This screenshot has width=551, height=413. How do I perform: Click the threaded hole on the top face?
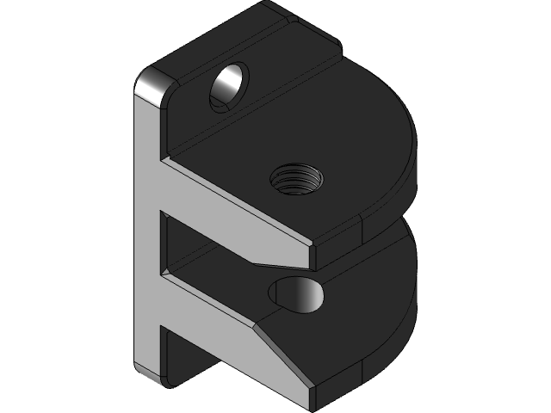coord(297,181)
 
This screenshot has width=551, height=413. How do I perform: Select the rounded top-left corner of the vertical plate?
coord(150,85)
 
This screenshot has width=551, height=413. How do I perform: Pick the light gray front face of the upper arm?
coord(232,206)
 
